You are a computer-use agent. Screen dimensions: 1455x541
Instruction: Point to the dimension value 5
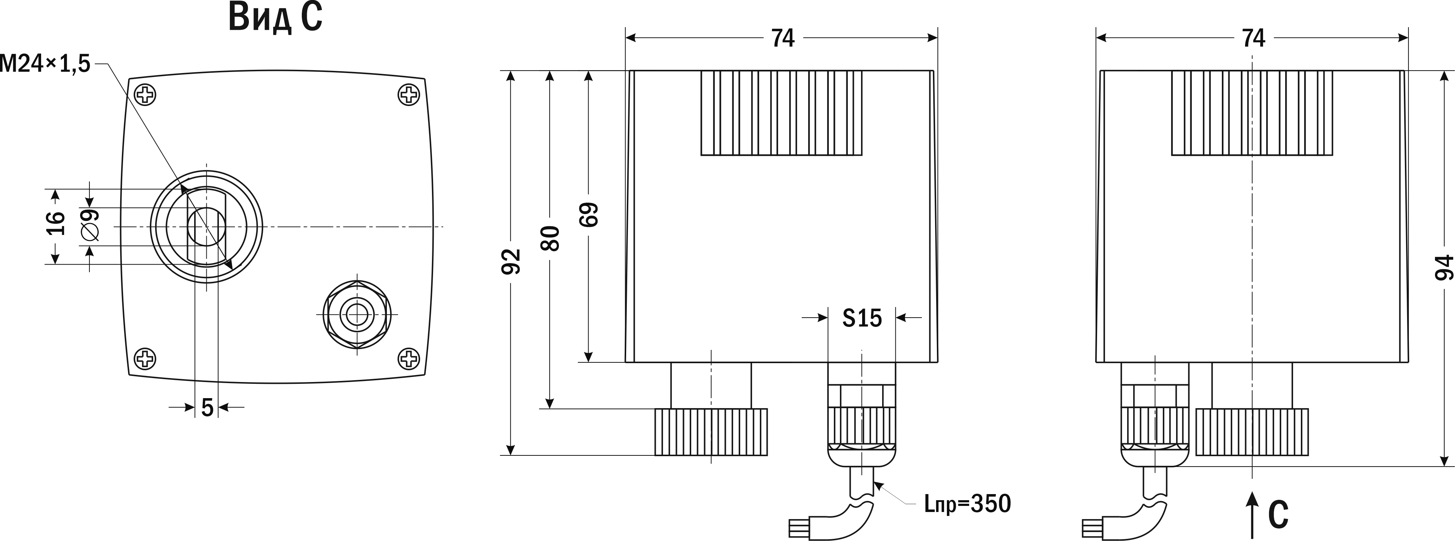click(207, 407)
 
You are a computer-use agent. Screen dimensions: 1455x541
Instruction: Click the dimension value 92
click(511, 261)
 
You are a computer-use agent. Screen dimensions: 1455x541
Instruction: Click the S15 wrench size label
click(862, 318)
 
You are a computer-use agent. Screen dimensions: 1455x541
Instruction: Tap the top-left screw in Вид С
click(146, 95)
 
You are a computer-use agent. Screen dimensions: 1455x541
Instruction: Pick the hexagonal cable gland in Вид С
click(357, 314)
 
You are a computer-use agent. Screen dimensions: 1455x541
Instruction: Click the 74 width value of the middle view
click(783, 38)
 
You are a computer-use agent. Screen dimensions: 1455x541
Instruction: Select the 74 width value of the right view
click(1253, 38)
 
